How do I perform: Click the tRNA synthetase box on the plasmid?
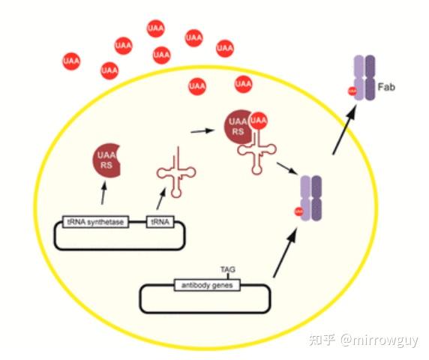coord(96,222)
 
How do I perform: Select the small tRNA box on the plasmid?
coord(158,222)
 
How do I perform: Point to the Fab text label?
coord(387,87)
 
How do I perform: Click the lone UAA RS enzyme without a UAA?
coord(109,160)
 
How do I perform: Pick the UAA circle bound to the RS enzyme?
coord(259,120)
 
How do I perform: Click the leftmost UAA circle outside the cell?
coord(72,58)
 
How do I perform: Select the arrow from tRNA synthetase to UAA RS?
coord(103,194)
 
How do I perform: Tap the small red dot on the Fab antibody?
coord(351,91)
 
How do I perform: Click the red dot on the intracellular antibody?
coord(298,211)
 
